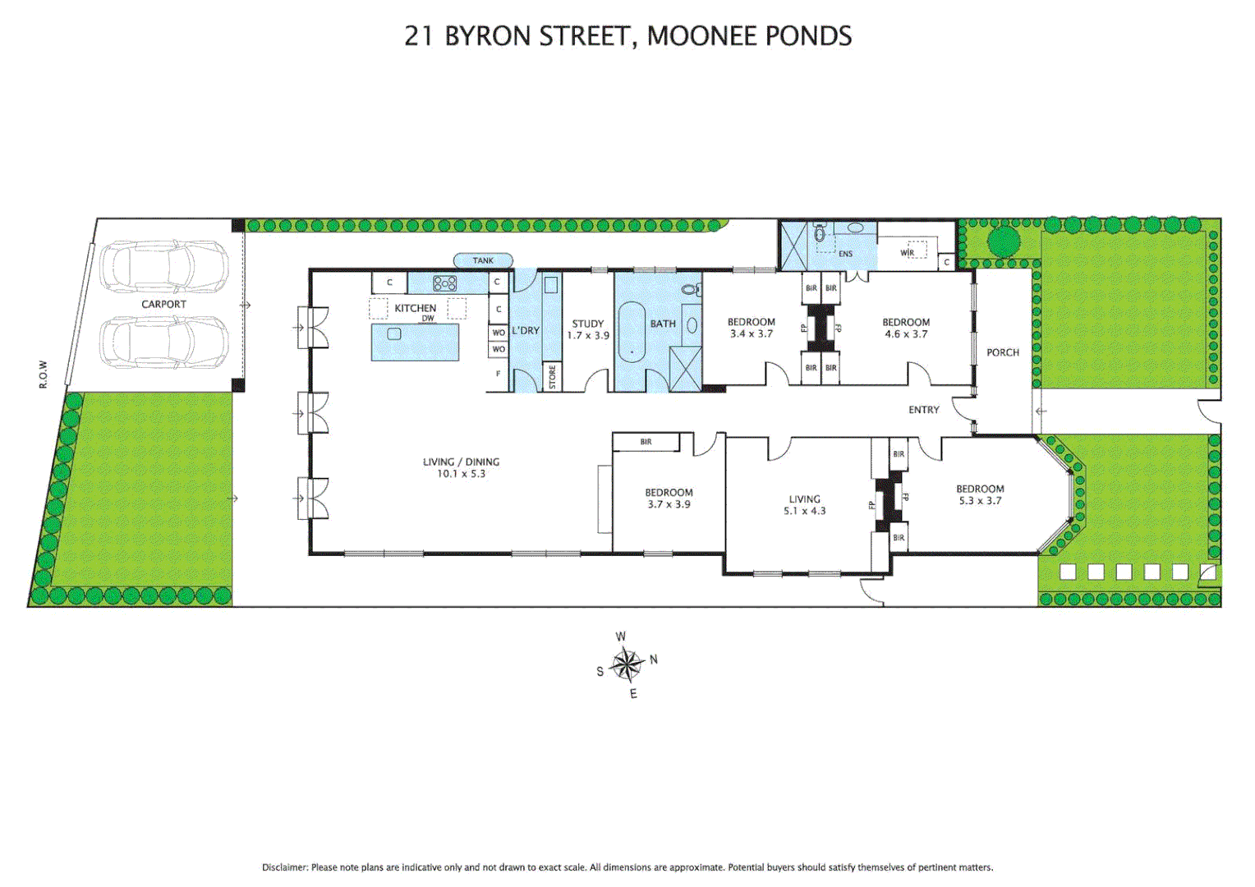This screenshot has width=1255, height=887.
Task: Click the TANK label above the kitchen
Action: [x=483, y=260]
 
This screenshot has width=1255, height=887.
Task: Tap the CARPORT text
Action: [x=163, y=304]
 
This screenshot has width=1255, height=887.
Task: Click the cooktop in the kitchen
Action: [x=444, y=283]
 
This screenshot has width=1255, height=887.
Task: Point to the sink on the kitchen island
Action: [x=394, y=334]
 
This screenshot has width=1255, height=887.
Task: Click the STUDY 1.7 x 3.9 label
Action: [x=588, y=329]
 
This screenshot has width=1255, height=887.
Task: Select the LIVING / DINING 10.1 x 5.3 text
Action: [x=461, y=467]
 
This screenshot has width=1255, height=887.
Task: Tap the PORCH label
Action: [x=1002, y=352]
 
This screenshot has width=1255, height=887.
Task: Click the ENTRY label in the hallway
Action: [x=923, y=410]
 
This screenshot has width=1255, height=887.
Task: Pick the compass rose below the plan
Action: [x=627, y=664]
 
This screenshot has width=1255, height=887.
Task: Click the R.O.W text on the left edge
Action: [x=44, y=375]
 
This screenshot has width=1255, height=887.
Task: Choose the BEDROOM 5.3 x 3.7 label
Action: [x=980, y=494]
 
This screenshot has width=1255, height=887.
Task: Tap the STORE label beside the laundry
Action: [x=552, y=377]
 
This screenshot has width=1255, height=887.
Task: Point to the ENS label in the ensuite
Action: [x=845, y=254]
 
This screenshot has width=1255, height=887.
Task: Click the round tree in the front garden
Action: [x=1003, y=241]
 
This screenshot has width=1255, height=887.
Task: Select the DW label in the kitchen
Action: [x=428, y=319]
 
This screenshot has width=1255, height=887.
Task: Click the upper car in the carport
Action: [x=164, y=266]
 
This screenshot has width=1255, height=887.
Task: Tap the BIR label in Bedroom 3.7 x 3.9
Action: [x=646, y=442]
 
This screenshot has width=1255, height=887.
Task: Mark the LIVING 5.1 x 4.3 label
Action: [x=804, y=504]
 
